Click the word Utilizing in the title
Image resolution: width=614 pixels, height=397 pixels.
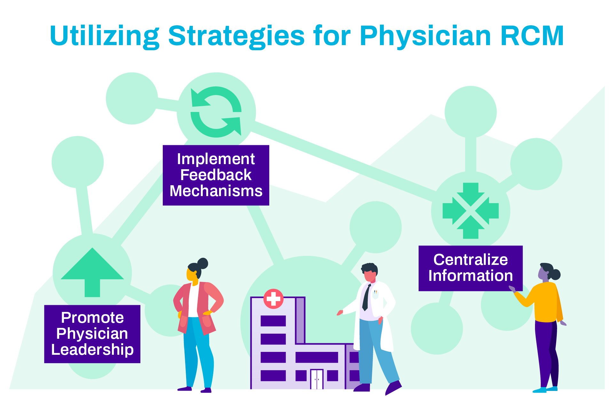(x=104, y=36)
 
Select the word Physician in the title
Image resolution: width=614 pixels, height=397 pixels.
(x=425, y=36)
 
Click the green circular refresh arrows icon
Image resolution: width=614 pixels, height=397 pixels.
(x=216, y=112)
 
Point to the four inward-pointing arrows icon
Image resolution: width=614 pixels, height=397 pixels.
(x=470, y=211)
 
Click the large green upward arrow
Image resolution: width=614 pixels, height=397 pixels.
(x=92, y=272)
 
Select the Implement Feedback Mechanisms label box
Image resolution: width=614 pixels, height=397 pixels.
(x=216, y=175)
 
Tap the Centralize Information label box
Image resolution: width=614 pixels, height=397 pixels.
(x=470, y=268)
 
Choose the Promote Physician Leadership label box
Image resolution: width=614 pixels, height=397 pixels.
(x=92, y=334)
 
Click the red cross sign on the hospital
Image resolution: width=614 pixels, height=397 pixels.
(x=273, y=299)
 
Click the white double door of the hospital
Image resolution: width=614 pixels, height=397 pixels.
(x=317, y=379)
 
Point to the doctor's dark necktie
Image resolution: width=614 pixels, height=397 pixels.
(x=366, y=298)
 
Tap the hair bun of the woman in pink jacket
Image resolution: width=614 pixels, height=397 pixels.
(x=203, y=263)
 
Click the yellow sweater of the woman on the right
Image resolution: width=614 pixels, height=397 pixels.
(x=546, y=302)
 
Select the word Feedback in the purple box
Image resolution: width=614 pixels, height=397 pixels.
(x=216, y=175)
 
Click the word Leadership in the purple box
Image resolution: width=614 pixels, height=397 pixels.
(x=92, y=349)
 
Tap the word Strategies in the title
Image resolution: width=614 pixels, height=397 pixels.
(x=236, y=36)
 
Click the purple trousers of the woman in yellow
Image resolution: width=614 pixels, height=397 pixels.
(x=547, y=352)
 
